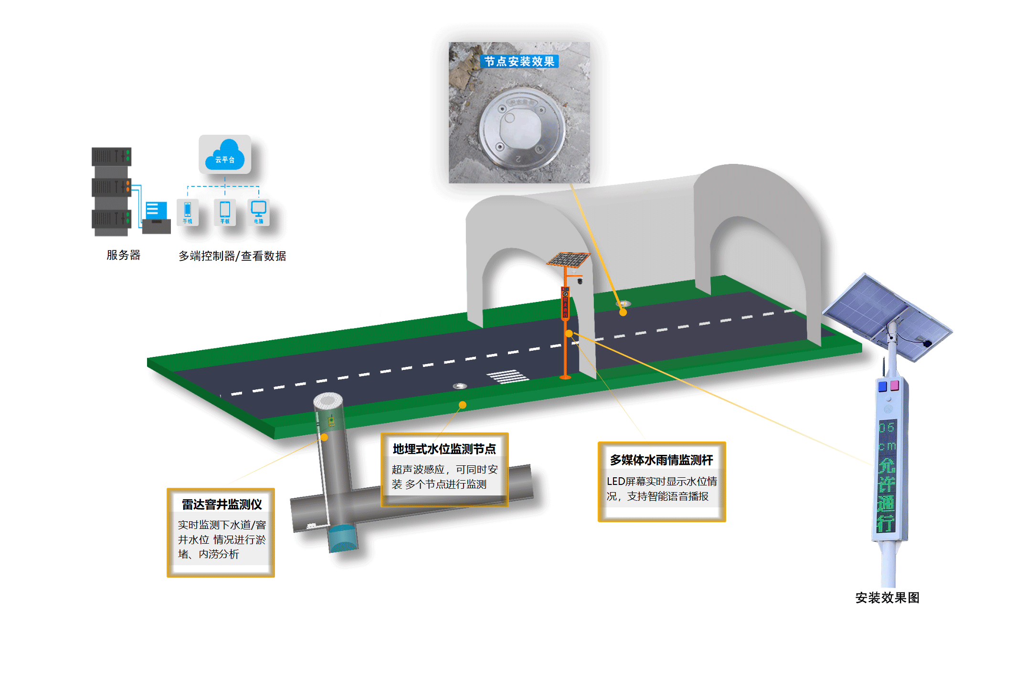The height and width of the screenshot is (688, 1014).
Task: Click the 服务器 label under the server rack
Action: [x=123, y=255]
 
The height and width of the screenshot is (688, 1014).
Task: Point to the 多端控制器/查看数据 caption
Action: [x=232, y=256]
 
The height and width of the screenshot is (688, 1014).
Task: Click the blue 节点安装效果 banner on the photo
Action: [x=519, y=62]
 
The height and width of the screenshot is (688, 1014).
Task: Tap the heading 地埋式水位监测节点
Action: [x=444, y=449]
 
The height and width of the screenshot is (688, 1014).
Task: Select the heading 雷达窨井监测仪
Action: [x=222, y=505]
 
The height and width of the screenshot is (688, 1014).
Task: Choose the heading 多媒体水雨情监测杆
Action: [x=661, y=460]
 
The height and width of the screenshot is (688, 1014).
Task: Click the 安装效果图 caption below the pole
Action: [x=887, y=598]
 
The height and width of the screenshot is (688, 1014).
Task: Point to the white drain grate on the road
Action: [x=508, y=376]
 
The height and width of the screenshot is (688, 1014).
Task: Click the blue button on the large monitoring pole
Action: [x=882, y=387]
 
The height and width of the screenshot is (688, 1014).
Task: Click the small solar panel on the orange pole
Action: [x=569, y=259]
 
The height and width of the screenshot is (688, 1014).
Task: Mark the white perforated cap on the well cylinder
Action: [x=328, y=400]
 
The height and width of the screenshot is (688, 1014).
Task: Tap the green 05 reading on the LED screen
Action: [x=887, y=428]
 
